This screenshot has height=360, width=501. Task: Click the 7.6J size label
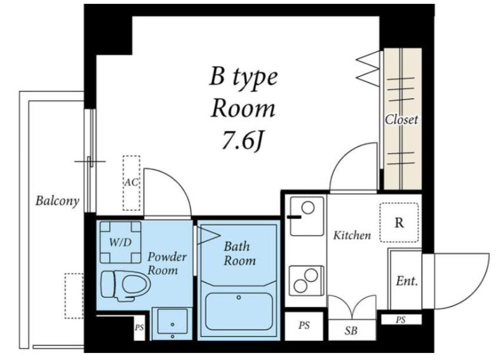(242, 140)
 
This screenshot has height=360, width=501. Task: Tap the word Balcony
(57, 201)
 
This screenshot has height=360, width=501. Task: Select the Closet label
(401, 119)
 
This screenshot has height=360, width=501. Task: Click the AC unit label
(131, 182)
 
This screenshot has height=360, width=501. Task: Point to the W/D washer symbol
(121, 242)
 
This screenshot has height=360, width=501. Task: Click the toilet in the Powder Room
(126, 285)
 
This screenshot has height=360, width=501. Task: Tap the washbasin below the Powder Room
(172, 324)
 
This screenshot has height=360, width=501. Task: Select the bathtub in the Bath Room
(239, 311)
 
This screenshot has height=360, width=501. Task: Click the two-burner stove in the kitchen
(307, 281)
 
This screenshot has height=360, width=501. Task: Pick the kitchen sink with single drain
(307, 216)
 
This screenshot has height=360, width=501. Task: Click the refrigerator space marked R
(399, 222)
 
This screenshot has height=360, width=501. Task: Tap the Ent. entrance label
(407, 281)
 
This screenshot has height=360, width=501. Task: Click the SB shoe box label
(351, 331)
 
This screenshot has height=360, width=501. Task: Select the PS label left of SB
(304, 325)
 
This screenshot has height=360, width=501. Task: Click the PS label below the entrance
(401, 319)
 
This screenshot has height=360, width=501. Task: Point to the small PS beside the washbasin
(139, 328)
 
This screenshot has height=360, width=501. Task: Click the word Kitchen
(352, 236)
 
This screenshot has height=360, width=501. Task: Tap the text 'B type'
(243, 78)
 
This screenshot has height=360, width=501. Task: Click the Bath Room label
(239, 253)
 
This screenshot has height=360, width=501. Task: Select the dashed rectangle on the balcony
(74, 296)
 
